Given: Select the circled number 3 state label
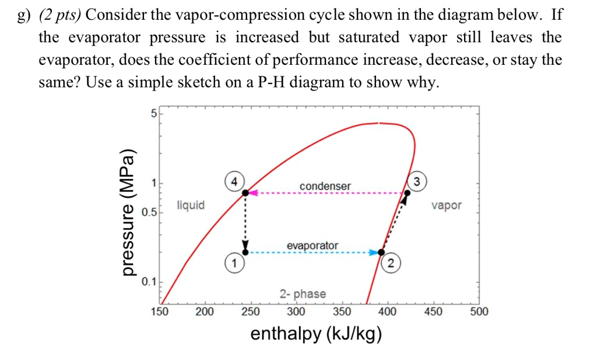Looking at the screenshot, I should (x=417, y=180).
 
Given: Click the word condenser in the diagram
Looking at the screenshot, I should (x=325, y=186).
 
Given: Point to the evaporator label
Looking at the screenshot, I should (x=312, y=246).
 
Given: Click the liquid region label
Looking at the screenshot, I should (x=191, y=205).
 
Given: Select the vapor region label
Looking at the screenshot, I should (x=447, y=205).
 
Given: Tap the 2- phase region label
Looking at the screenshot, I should (x=303, y=294).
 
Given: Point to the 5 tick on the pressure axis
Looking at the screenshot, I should (x=153, y=114).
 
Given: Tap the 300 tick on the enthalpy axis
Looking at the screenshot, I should (x=296, y=312).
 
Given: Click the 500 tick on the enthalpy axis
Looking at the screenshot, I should (x=479, y=312).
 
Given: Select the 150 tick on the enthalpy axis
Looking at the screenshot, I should (x=160, y=312).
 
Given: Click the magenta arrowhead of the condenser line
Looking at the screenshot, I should (x=254, y=193).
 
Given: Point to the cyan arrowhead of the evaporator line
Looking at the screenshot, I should (x=374, y=253).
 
